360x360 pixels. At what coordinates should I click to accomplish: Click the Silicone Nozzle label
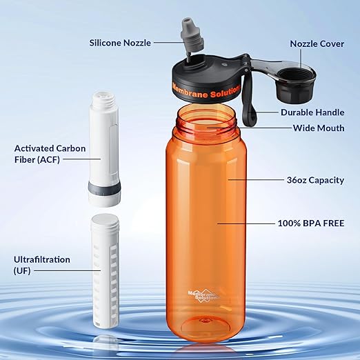pos(121,43)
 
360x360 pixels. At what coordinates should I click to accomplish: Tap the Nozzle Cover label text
pos(317,43)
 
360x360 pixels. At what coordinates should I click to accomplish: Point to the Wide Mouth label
pos(318,128)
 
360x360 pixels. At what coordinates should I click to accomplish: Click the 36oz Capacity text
pos(316,180)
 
